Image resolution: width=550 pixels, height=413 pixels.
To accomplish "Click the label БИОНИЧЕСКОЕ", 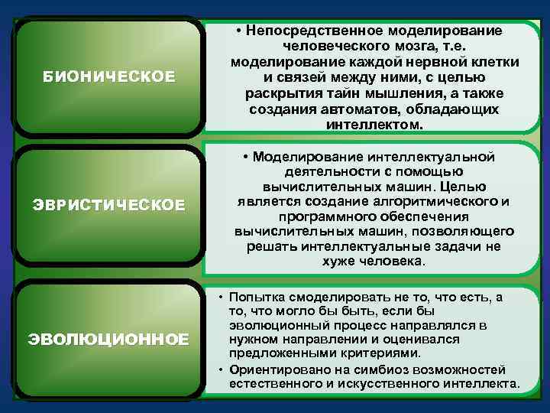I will tap(108, 76).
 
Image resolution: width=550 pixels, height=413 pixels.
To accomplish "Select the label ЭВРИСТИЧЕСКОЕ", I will tap(108, 205).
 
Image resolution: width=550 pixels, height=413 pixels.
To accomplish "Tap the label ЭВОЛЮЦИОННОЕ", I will tap(108, 339).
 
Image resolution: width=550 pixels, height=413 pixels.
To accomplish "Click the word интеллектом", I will tap(374, 125).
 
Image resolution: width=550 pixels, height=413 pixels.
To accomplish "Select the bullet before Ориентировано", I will tap(220, 369).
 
